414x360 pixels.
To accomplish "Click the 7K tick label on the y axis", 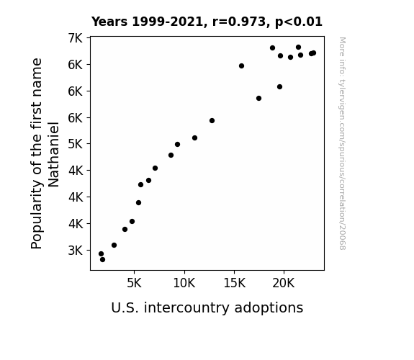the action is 76,38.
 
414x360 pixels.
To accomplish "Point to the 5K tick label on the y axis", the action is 76,144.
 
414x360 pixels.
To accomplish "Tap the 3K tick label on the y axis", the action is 76,251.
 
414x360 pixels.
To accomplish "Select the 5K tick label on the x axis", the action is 134,283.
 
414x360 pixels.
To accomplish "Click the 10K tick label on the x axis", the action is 184,283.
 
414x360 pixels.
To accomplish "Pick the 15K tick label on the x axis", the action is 234,283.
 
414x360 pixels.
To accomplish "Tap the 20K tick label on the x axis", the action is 284,283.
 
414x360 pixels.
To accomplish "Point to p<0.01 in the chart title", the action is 299,22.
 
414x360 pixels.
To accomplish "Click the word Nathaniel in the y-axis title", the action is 53,155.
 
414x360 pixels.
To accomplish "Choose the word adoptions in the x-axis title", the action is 269,308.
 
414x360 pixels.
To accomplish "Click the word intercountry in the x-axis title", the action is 186,307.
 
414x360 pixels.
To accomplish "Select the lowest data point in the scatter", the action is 102,260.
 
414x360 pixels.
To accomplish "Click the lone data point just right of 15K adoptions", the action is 241,66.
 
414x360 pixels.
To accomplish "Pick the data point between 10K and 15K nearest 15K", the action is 212,121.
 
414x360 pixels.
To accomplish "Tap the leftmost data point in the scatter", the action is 101,254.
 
